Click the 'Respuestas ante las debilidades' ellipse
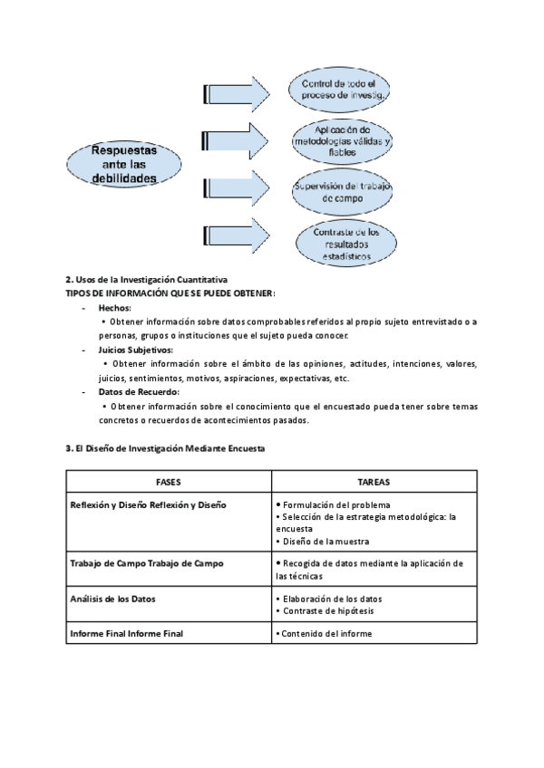(123, 164)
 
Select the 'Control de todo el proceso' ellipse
(340, 89)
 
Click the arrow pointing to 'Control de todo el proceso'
(238, 91)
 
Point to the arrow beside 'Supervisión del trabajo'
(238, 187)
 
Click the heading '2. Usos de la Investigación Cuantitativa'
(147, 280)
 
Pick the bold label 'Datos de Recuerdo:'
(139, 392)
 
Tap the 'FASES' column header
(168, 482)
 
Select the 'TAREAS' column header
(374, 482)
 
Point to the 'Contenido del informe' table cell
(325, 634)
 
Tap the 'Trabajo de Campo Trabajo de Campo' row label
(146, 563)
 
